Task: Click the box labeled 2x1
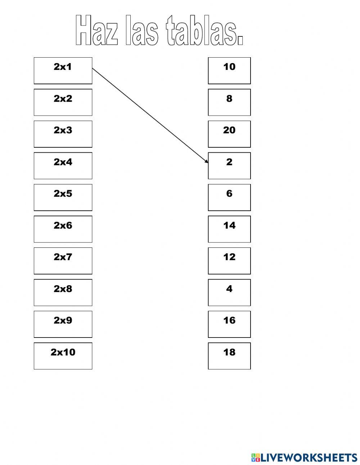[63, 71]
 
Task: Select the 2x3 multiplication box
[63, 134]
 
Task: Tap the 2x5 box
[63, 197]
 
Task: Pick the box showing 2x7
[63, 261]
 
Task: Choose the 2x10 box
[63, 356]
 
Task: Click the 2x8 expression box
[63, 292]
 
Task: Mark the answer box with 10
[229, 71]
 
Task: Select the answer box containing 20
[229, 134]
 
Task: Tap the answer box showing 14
[229, 229]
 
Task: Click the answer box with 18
[229, 356]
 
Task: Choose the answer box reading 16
[229, 324]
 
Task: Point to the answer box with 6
[229, 197]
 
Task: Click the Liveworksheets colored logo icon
[256, 457]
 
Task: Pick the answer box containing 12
[229, 261]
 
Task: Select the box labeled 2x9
[63, 324]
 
